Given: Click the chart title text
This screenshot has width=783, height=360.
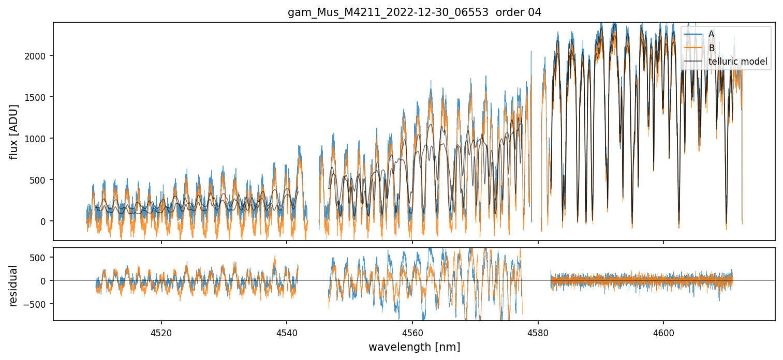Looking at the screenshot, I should coord(414,12).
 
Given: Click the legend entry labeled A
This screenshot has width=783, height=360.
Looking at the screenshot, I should coord(711,34).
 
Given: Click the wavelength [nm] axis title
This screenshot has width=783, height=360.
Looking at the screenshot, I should coord(414,347).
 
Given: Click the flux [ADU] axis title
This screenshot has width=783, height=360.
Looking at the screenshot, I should coord(14,131).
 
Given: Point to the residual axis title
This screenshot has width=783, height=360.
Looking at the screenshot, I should coord(14,286).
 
